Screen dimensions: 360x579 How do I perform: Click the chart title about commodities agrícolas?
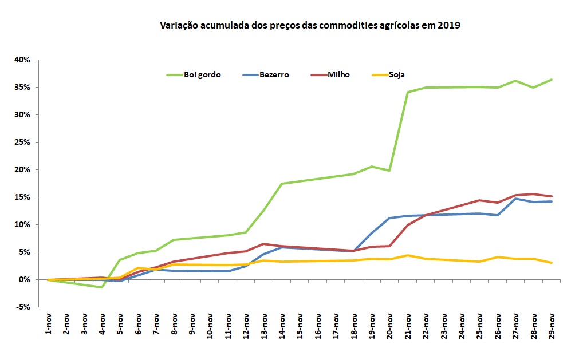[x=310, y=26]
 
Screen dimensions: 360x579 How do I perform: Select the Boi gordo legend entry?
[x=202, y=75]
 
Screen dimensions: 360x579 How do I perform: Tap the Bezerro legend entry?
[x=274, y=75]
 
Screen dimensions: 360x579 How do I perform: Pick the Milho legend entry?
[x=338, y=75]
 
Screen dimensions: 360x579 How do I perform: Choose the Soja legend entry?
[x=397, y=75]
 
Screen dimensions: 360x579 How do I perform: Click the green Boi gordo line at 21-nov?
[x=408, y=92]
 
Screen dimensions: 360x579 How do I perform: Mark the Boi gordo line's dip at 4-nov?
[x=102, y=287]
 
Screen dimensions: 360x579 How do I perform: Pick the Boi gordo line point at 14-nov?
[x=282, y=184]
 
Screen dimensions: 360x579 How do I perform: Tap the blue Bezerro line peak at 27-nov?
[x=515, y=199]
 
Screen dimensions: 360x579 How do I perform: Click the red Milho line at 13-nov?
[x=264, y=244]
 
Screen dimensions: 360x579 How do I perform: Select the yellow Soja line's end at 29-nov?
[x=552, y=263]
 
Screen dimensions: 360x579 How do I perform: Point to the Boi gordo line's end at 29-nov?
[x=552, y=80]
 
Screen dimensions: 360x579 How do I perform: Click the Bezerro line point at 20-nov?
[x=390, y=218]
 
